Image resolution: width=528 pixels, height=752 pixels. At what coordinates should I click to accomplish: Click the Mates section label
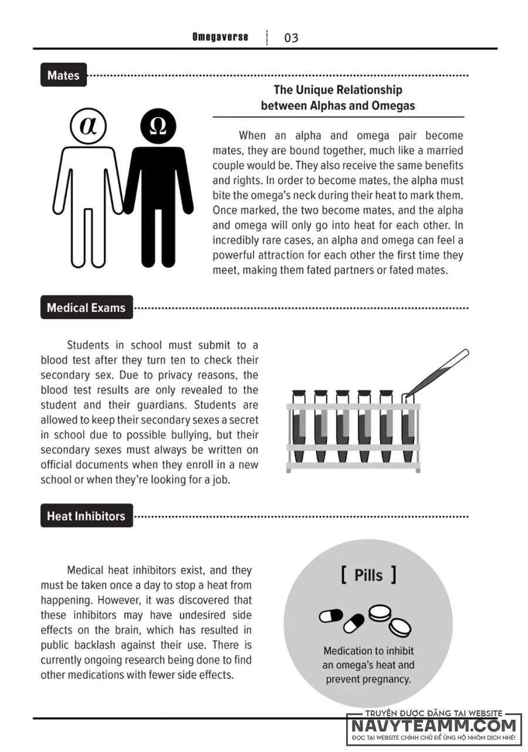pos(63,75)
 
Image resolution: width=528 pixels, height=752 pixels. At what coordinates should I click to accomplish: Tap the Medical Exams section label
pos(86,308)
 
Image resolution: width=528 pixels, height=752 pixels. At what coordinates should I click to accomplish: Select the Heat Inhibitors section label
pos(86,516)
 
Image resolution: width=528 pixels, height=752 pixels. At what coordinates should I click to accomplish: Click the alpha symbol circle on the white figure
pos(88,126)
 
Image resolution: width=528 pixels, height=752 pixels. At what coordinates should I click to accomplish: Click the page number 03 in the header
pos(291,38)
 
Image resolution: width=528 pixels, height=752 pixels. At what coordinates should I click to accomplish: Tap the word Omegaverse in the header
pos(220,37)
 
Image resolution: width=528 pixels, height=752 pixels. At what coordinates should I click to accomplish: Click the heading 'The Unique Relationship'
pos(338,90)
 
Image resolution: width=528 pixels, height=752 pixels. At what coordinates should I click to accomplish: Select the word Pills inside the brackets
pos(368,575)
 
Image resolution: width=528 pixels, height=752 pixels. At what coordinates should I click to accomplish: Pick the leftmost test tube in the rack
pos(299,428)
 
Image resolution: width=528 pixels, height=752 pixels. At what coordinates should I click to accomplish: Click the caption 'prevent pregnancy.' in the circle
pos(368,680)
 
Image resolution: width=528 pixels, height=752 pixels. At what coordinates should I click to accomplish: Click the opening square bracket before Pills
pos(343,575)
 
